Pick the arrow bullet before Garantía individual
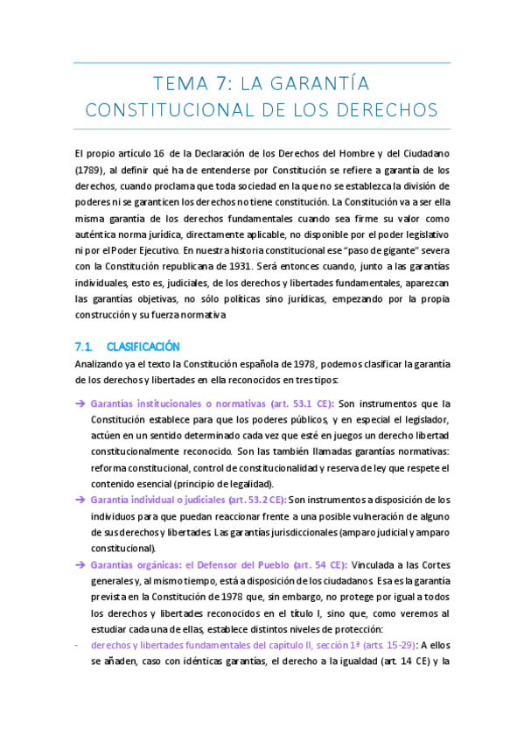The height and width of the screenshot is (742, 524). pyautogui.click(x=80, y=500)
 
